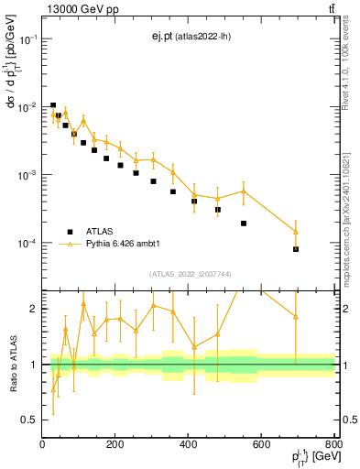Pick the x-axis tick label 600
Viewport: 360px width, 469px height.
262,444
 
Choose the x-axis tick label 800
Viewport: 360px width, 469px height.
334,444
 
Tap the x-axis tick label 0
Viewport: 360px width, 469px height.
42,444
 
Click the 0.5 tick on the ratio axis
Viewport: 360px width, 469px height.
31,420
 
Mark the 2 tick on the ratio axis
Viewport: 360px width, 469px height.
35,309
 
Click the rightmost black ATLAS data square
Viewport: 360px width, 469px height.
296,249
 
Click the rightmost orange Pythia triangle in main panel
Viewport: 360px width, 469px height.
296,231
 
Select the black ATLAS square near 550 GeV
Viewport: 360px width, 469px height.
244,224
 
